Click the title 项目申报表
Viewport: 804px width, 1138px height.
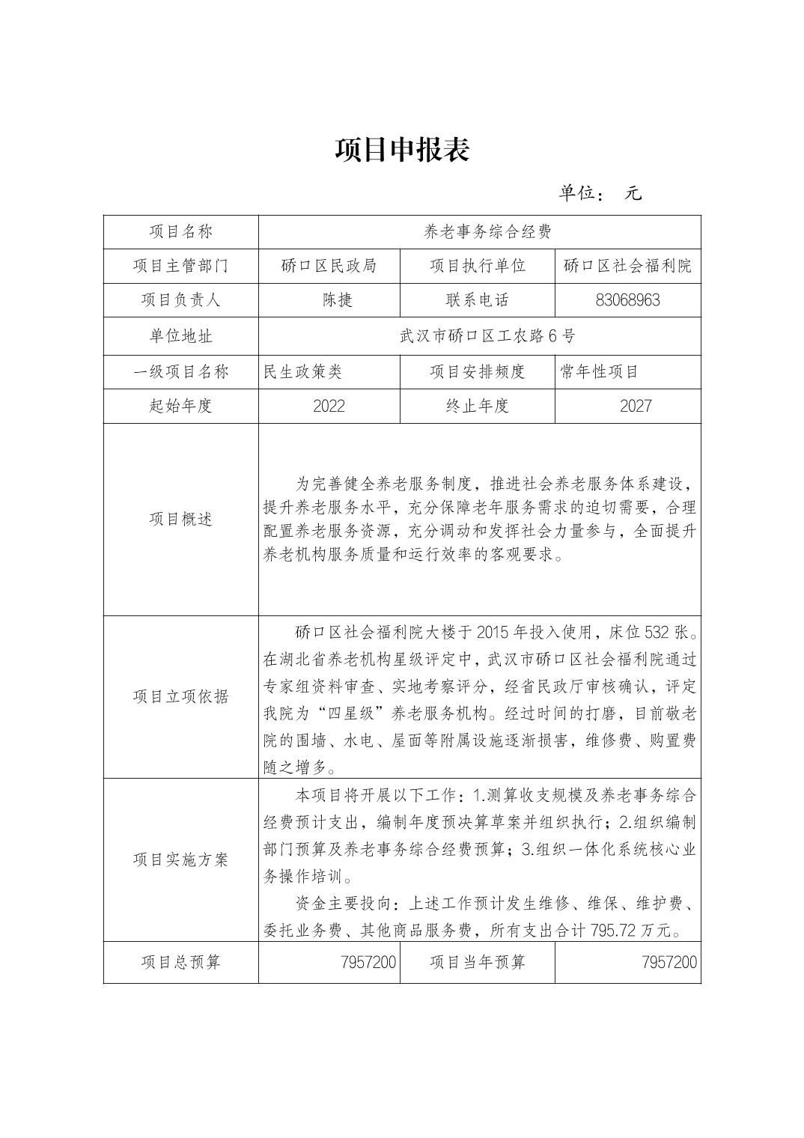tap(402, 150)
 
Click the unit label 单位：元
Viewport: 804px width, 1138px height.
tap(600, 193)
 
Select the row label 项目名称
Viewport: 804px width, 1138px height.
tap(180, 232)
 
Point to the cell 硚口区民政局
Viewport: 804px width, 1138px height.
tap(329, 266)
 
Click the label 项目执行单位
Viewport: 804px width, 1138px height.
tap(477, 266)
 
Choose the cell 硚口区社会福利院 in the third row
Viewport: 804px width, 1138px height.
tap(627, 266)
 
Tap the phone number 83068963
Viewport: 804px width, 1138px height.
tap(627, 300)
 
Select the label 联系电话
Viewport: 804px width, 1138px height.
tap(477, 300)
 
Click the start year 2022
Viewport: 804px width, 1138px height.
tap(329, 406)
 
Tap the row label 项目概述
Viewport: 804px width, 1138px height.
tap(180, 519)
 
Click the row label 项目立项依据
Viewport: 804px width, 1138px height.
tap(180, 696)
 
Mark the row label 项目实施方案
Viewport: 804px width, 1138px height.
tap(180, 859)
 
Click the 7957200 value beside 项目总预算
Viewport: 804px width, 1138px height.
tap(368, 962)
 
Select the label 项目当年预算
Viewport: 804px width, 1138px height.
tap(477, 962)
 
